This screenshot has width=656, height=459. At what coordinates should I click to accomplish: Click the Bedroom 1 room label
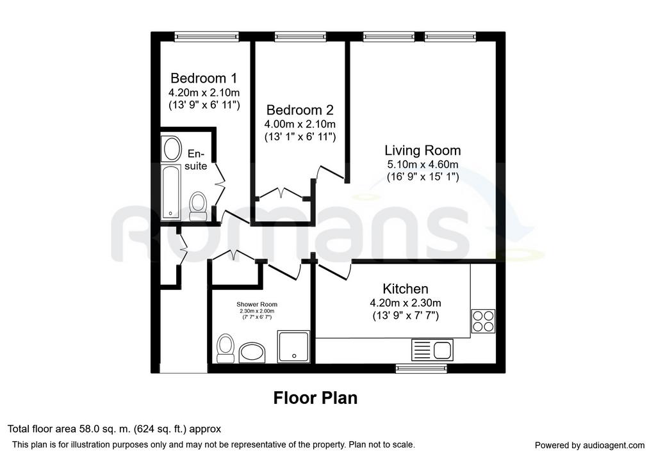(204, 78)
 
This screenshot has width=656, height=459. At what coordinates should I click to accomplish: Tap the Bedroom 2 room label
(300, 110)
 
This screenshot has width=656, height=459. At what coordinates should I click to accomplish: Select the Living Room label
(423, 150)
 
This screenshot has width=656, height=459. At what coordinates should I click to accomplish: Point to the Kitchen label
(406, 289)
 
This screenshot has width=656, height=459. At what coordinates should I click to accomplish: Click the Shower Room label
(257, 304)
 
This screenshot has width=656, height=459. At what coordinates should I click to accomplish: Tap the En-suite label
(196, 159)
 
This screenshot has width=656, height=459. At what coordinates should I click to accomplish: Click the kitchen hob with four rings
(483, 321)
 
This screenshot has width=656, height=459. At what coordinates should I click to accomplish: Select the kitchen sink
(432, 350)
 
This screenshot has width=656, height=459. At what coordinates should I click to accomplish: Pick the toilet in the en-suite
(198, 206)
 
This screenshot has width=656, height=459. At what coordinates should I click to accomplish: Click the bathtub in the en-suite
(171, 192)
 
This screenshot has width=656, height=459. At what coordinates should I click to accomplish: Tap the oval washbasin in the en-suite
(172, 149)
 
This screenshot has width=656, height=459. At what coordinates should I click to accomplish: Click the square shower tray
(293, 346)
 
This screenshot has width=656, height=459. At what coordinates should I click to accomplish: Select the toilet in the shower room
(225, 348)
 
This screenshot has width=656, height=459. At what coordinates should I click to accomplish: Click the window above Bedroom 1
(207, 36)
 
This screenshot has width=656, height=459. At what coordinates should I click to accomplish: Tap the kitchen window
(422, 368)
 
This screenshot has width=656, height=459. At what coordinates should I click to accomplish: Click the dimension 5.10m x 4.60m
(423, 165)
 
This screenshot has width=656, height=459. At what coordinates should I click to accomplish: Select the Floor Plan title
(315, 398)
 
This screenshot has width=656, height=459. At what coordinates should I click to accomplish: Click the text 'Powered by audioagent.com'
(589, 446)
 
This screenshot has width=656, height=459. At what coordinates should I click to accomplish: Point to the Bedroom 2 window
(300, 36)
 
